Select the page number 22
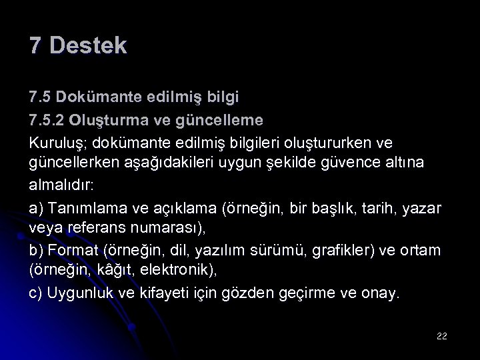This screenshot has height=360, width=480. [441, 336]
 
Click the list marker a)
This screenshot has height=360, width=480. [37, 208]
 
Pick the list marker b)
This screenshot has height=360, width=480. [37, 250]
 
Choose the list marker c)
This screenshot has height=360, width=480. [37, 293]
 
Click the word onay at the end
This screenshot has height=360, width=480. [381, 293]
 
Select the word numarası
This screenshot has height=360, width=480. [171, 229]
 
